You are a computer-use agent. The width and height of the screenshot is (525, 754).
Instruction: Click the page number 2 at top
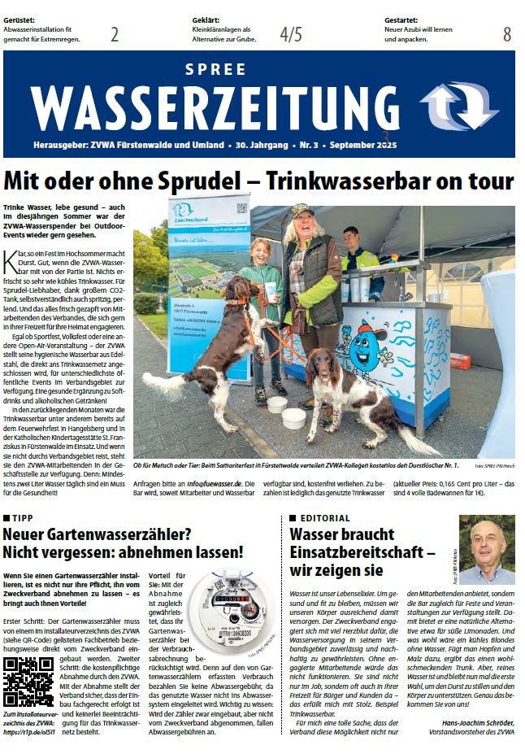point(115,34)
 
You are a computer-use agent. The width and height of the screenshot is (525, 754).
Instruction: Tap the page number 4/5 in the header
point(290,34)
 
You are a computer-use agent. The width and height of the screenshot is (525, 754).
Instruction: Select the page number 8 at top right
point(507,34)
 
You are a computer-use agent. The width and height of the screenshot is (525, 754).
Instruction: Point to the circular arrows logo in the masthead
point(458,107)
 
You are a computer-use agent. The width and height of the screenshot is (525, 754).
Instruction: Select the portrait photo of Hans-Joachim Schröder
point(487,550)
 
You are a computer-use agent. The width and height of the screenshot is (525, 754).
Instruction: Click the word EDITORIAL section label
point(325,518)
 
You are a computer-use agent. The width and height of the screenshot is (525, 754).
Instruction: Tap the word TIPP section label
point(23,518)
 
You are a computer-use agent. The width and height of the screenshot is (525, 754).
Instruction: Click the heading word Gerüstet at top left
point(20,18)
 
